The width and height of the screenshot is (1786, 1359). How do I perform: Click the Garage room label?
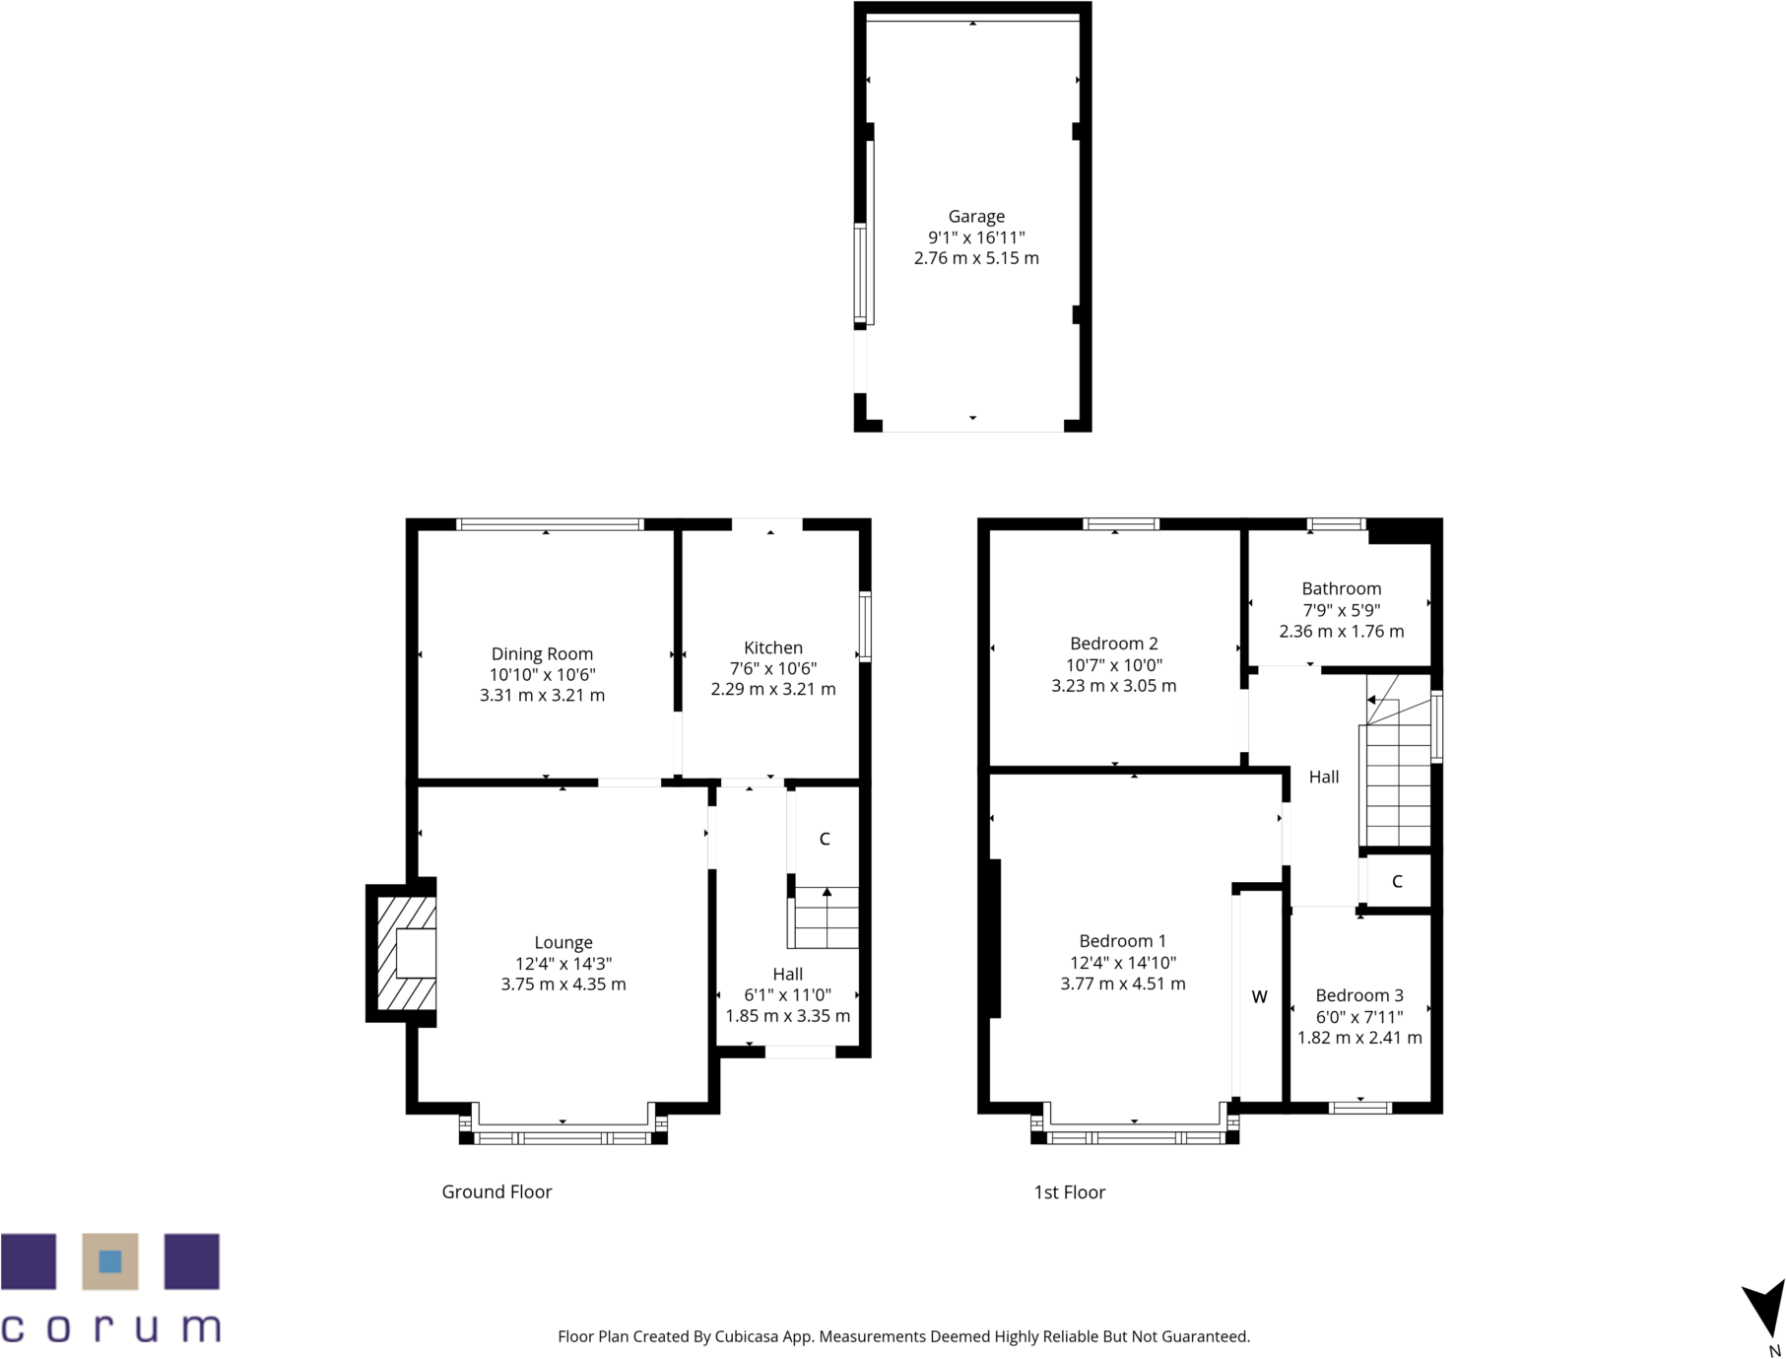coord(975,216)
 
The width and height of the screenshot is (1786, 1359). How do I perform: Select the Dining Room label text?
coord(542,653)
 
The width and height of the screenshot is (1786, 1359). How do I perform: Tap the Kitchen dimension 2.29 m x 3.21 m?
coord(772,689)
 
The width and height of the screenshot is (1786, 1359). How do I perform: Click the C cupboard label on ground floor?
coord(825,839)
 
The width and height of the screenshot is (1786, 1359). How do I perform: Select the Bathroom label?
coord(1341,588)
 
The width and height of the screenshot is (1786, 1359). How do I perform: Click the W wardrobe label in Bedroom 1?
coord(1259,996)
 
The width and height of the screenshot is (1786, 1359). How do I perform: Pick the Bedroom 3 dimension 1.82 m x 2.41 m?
coord(1359,1038)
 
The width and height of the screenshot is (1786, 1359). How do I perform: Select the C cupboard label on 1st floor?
coord(1397,881)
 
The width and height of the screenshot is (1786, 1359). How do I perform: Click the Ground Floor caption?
coord(496,1191)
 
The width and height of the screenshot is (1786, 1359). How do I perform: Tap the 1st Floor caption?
coord(1069,1192)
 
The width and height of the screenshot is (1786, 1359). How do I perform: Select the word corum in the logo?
coord(110,1326)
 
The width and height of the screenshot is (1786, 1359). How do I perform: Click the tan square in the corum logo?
coord(110,1261)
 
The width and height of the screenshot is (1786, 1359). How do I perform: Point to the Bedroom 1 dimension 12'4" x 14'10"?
coord(1122,963)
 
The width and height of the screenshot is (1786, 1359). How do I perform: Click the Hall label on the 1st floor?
coord(1323,777)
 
